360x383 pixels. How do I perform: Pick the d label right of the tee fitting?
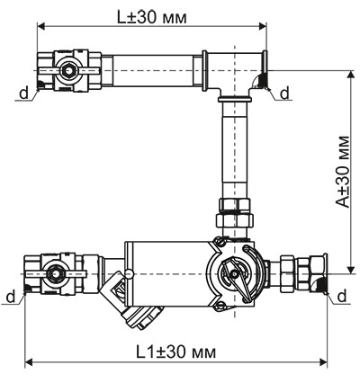(x=284, y=93)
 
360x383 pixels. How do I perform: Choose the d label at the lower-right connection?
(x=349, y=297)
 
